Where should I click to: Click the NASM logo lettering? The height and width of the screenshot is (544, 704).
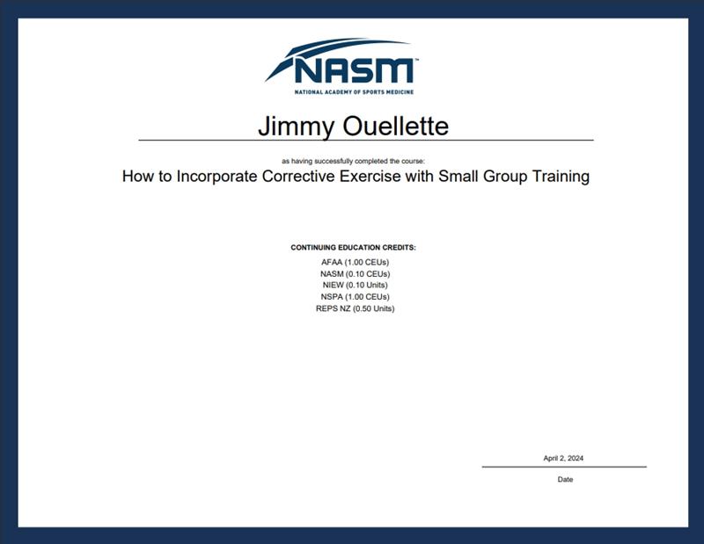(x=354, y=70)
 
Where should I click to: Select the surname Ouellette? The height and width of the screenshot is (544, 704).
(x=395, y=126)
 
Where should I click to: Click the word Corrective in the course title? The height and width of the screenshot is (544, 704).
(x=299, y=176)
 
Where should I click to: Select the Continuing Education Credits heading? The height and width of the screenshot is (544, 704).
(x=354, y=248)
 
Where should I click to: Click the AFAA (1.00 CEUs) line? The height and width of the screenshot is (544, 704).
(x=356, y=263)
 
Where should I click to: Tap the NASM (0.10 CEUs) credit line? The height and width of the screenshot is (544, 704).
(x=356, y=274)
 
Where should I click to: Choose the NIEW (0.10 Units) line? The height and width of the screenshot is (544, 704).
(x=356, y=286)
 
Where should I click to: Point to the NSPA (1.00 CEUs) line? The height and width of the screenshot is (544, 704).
(x=356, y=297)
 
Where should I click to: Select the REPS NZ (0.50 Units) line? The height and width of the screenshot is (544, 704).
(x=356, y=308)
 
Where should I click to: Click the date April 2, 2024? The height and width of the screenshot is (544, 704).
(x=563, y=459)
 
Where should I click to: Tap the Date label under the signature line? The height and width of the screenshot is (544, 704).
(x=565, y=480)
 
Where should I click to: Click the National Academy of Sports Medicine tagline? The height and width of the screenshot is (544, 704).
(x=354, y=92)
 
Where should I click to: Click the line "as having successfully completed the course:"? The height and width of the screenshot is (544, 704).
(x=353, y=161)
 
